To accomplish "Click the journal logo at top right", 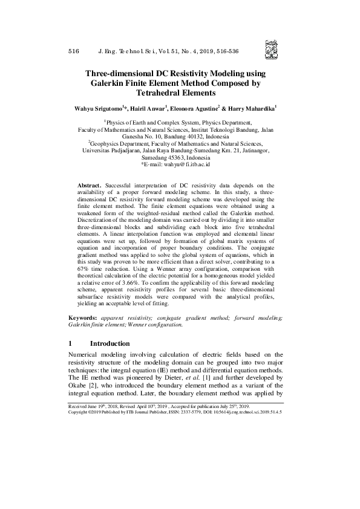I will pyautogui.click(x=269, y=47).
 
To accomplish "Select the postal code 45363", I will pyautogui.click(x=176, y=157).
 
